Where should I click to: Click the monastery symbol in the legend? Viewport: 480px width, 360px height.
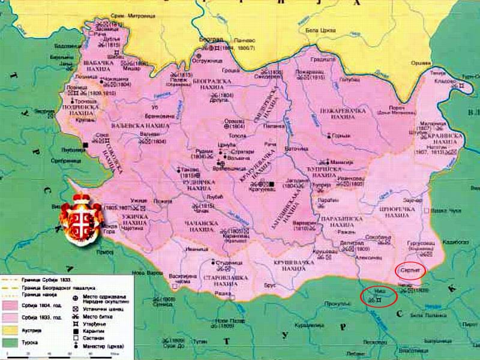click(x=75, y=346)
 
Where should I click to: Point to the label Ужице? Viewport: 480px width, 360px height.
click(x=139, y=199)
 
